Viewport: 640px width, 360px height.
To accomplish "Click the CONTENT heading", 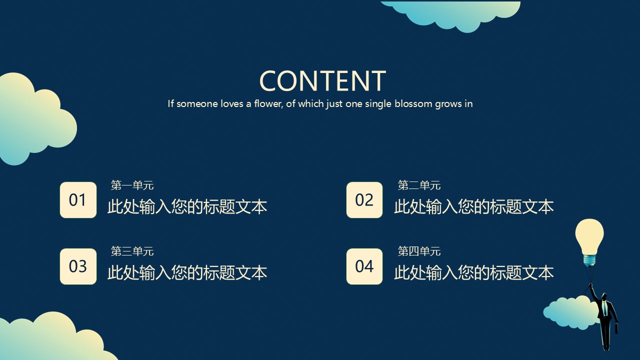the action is coord(322,81).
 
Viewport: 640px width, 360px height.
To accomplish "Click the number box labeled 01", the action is coord(78,200).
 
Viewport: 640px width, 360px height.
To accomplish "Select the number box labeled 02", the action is coord(364,200).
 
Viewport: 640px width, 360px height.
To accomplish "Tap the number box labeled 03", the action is coord(78,266).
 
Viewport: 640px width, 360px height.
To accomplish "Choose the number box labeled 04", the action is coord(364,266).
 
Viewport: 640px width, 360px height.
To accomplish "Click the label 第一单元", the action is coord(132,185).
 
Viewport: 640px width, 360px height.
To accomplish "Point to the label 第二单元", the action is coord(419,185).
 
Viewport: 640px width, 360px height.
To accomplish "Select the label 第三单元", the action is coord(132,251).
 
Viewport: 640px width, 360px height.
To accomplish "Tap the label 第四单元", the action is coord(419,251).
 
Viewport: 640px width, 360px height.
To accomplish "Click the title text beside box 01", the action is coord(187,207).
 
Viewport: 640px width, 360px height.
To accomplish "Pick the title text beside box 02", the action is coord(474,207).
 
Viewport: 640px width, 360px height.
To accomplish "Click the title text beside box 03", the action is coord(187,272).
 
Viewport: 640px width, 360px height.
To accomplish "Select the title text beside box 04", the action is coord(474,272).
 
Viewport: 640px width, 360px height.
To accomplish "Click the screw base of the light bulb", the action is coord(589,260).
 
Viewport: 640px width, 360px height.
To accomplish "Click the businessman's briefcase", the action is coord(616,327).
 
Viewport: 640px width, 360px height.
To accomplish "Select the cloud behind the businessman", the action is coord(570,312).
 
